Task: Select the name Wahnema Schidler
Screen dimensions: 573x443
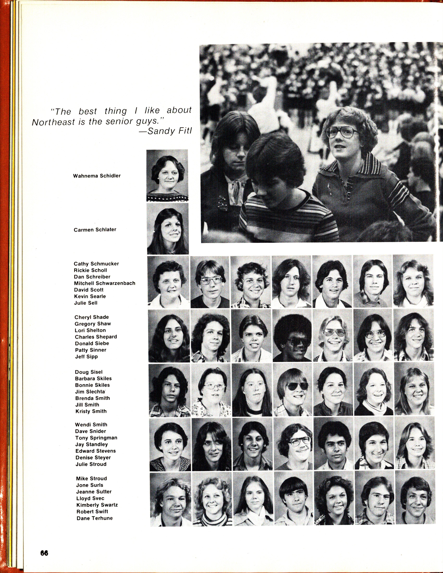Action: click(x=97, y=176)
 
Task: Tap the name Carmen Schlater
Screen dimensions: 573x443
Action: click(x=95, y=230)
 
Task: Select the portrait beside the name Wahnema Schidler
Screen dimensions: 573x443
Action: click(x=167, y=176)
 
